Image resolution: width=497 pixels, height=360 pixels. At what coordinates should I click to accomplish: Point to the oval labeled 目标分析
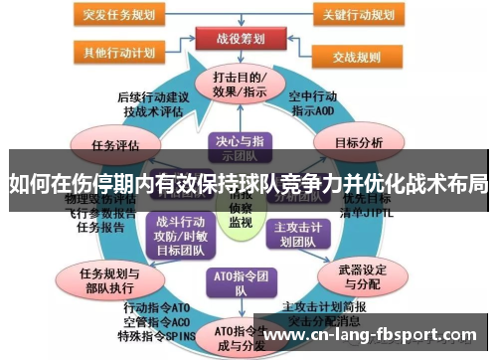coord(359,143)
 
